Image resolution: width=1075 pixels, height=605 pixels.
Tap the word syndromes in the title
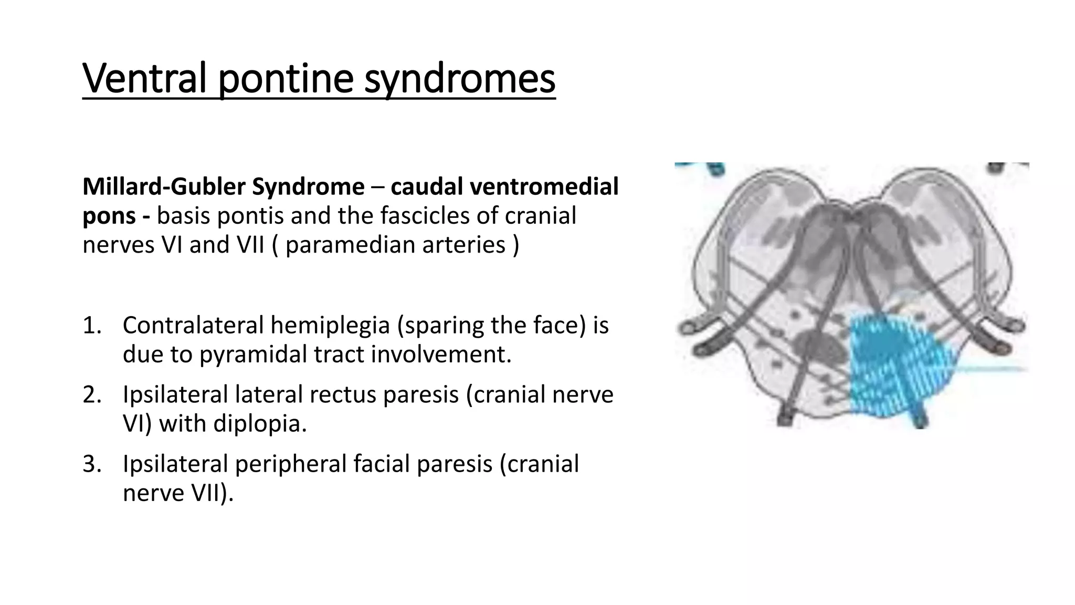coord(459,78)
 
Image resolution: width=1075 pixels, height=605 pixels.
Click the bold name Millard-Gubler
coord(164,187)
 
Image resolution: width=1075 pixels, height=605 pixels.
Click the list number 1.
coord(91,326)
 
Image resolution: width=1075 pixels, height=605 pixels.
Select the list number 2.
coord(91,395)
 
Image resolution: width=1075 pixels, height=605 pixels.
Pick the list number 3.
coord(91,464)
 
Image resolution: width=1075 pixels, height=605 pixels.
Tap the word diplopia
coord(259,424)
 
